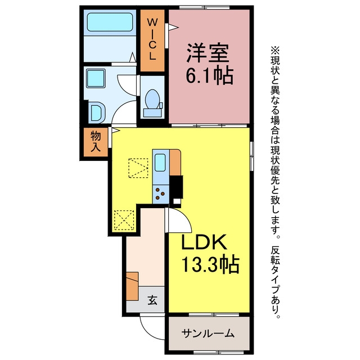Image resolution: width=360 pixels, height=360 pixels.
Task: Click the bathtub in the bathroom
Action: (110, 22)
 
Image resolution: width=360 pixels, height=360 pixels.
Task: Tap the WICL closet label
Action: (152, 39)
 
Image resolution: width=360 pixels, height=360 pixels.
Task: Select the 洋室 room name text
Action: (208, 53)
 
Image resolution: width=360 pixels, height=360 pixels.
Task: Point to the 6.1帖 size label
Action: (209, 76)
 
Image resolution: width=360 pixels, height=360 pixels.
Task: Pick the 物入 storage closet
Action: (96, 142)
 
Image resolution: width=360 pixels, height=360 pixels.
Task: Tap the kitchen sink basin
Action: (160, 163)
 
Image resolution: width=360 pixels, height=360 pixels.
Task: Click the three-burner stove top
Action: (160, 194)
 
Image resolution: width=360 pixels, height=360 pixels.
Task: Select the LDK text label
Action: (204, 242)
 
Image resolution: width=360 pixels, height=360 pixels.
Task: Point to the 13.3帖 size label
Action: (210, 264)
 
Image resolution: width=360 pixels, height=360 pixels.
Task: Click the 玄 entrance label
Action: (152, 300)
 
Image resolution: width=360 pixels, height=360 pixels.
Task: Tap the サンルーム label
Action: (208, 334)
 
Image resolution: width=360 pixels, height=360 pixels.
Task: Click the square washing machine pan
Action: (96, 78)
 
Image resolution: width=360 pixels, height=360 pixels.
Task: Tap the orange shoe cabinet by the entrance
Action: (132, 286)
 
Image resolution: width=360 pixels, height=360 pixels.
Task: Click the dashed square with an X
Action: (124, 220)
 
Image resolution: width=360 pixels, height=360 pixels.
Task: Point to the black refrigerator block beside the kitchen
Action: (176, 187)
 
